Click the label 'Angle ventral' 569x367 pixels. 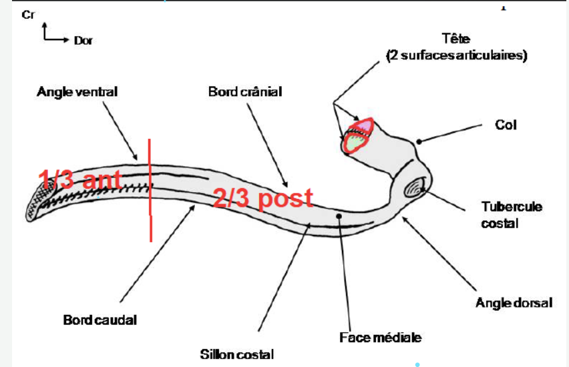pyautogui.click(x=77, y=91)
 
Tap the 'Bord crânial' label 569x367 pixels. pyautogui.click(x=245, y=91)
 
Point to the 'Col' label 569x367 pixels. pyautogui.click(x=506, y=125)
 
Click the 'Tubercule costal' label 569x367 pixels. pyautogui.click(x=512, y=215)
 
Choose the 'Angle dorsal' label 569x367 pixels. pyautogui.click(x=514, y=303)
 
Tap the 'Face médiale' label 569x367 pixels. pyautogui.click(x=381, y=338)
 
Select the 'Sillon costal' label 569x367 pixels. pyautogui.click(x=237, y=354)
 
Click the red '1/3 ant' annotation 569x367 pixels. pyautogui.click(x=79, y=179)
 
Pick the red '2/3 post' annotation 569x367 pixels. pyautogui.click(x=263, y=198)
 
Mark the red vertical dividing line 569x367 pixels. pyautogui.click(x=150, y=190)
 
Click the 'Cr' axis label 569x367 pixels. pyautogui.click(x=28, y=15)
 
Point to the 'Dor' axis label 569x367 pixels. pyautogui.click(x=83, y=41)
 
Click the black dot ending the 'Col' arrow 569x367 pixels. pyautogui.click(x=417, y=141)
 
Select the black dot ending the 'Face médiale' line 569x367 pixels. pyautogui.click(x=339, y=216)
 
